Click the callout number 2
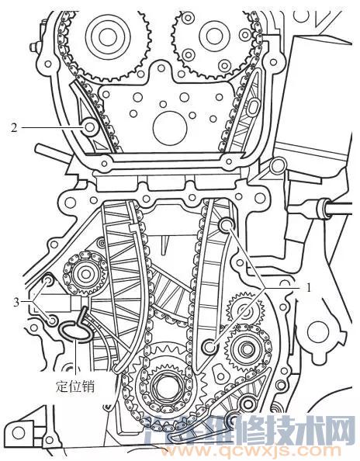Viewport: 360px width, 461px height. [14, 127]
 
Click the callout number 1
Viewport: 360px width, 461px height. [308, 287]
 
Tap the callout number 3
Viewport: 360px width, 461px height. [16, 302]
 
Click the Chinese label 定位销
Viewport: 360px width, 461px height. [75, 386]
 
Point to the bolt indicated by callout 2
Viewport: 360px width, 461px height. [90, 127]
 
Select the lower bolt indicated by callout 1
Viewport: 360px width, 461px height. [210, 346]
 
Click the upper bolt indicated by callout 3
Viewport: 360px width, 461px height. [49, 281]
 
